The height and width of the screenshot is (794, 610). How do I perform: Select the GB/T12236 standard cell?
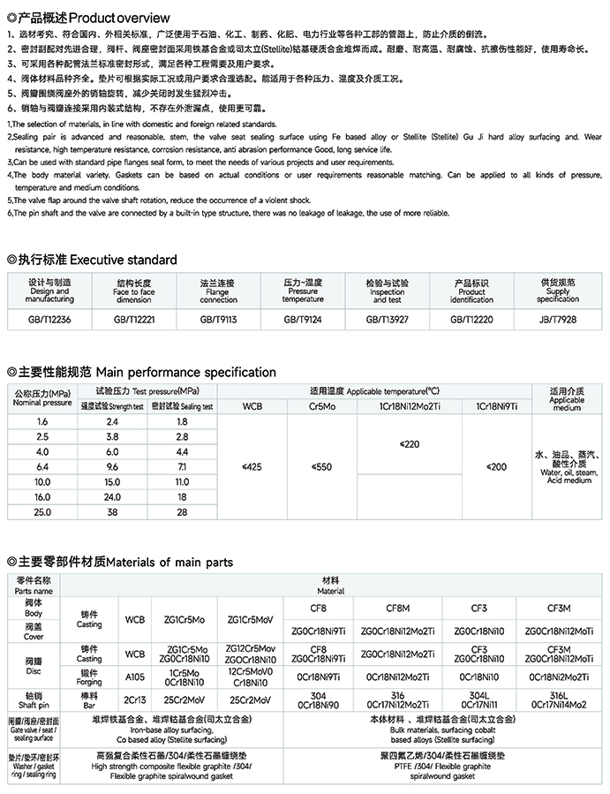tap(49, 319)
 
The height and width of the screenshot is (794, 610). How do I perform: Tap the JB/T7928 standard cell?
tap(558, 319)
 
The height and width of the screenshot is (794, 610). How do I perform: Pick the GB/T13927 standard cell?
tap(388, 319)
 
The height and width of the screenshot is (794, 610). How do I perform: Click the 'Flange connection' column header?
tap(218, 291)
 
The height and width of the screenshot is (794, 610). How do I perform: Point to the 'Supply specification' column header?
tap(558, 291)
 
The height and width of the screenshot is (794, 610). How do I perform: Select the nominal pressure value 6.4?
tap(41, 465)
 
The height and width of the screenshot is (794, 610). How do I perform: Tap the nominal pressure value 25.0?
tap(41, 511)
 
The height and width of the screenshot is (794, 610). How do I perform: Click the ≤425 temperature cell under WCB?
tap(252, 465)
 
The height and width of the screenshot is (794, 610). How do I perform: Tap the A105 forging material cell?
tap(134, 677)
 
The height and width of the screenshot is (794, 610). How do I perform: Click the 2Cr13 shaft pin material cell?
tap(134, 700)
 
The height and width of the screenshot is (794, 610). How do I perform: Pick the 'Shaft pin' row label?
tap(33, 700)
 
